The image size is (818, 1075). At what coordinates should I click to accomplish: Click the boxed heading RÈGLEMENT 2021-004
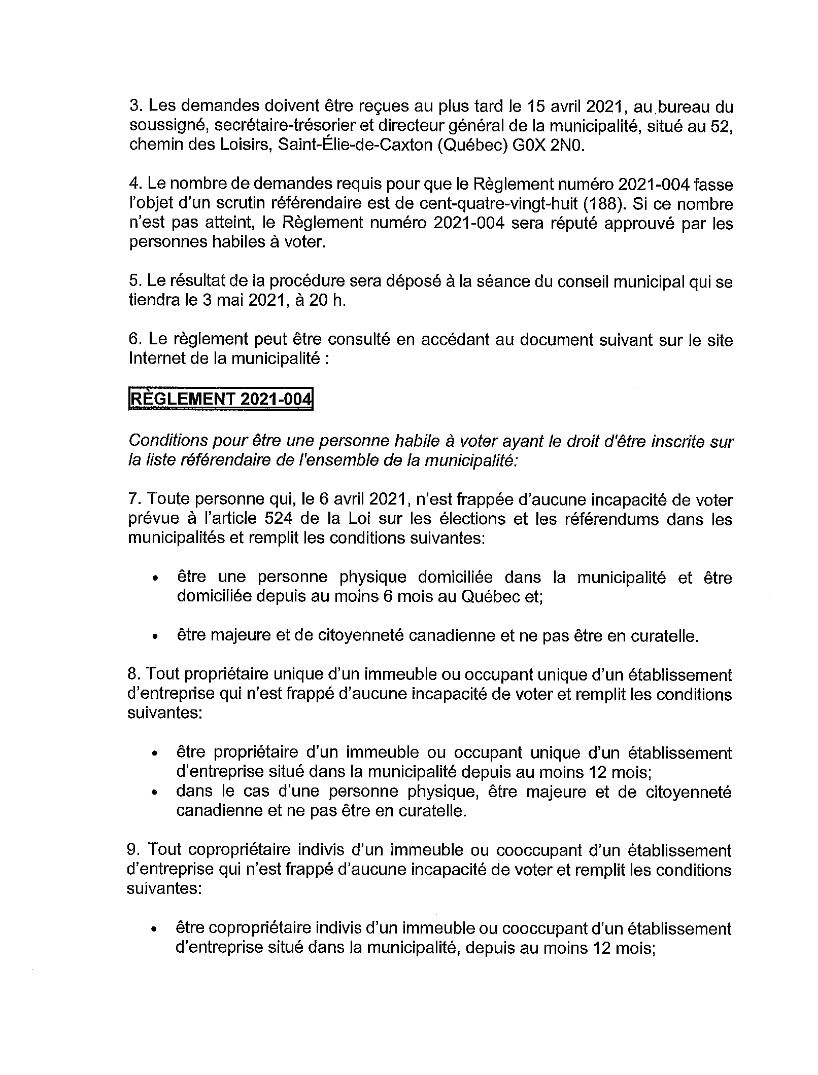pos(220,399)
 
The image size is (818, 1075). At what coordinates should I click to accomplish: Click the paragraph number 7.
pos(133,499)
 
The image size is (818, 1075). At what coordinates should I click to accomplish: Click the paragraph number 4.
pos(134,185)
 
